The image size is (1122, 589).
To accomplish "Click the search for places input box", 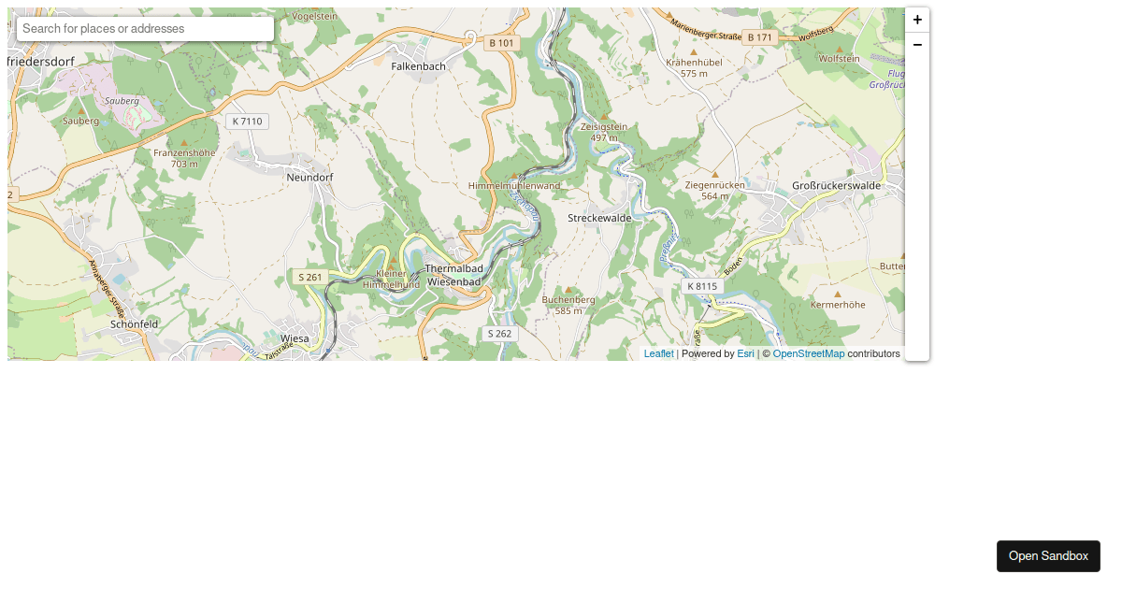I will coord(145,29).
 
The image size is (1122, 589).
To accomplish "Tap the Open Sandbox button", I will coord(1048,556).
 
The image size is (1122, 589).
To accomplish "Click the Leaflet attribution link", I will coord(658,354).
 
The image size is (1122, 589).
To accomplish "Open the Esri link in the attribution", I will coord(745,354).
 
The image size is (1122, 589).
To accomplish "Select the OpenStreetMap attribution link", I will coord(808,354).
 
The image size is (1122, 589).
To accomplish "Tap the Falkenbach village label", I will coord(418,66).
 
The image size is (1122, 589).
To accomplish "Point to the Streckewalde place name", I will coord(600,217).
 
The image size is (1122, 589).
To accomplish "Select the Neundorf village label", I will coord(309,177).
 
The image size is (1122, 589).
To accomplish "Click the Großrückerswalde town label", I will coord(836,185).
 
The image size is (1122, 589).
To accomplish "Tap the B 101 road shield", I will coord(501,43).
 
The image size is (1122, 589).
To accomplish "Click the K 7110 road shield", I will coord(248,122).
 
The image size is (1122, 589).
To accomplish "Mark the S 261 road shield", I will coord(310,278).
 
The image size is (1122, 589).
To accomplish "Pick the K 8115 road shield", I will coord(702,286).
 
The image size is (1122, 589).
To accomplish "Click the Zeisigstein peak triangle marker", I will coord(604,116).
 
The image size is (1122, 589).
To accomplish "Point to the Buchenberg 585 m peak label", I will coord(568,305).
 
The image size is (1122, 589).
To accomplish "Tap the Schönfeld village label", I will coord(134,323).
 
